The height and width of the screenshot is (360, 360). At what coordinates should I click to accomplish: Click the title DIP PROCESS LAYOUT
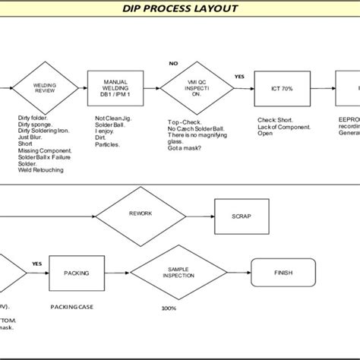[180, 9]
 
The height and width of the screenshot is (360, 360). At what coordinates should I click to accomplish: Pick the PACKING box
[76, 273]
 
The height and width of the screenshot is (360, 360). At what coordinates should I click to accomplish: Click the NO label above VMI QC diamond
[173, 63]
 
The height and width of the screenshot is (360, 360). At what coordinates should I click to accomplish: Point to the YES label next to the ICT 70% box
[239, 77]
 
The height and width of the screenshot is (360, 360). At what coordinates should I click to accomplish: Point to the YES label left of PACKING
[36, 264]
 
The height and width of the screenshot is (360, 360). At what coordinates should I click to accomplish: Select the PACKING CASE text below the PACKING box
[72, 308]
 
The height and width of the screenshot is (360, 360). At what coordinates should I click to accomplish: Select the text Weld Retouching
[41, 170]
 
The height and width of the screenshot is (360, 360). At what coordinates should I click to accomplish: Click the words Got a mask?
[185, 148]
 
